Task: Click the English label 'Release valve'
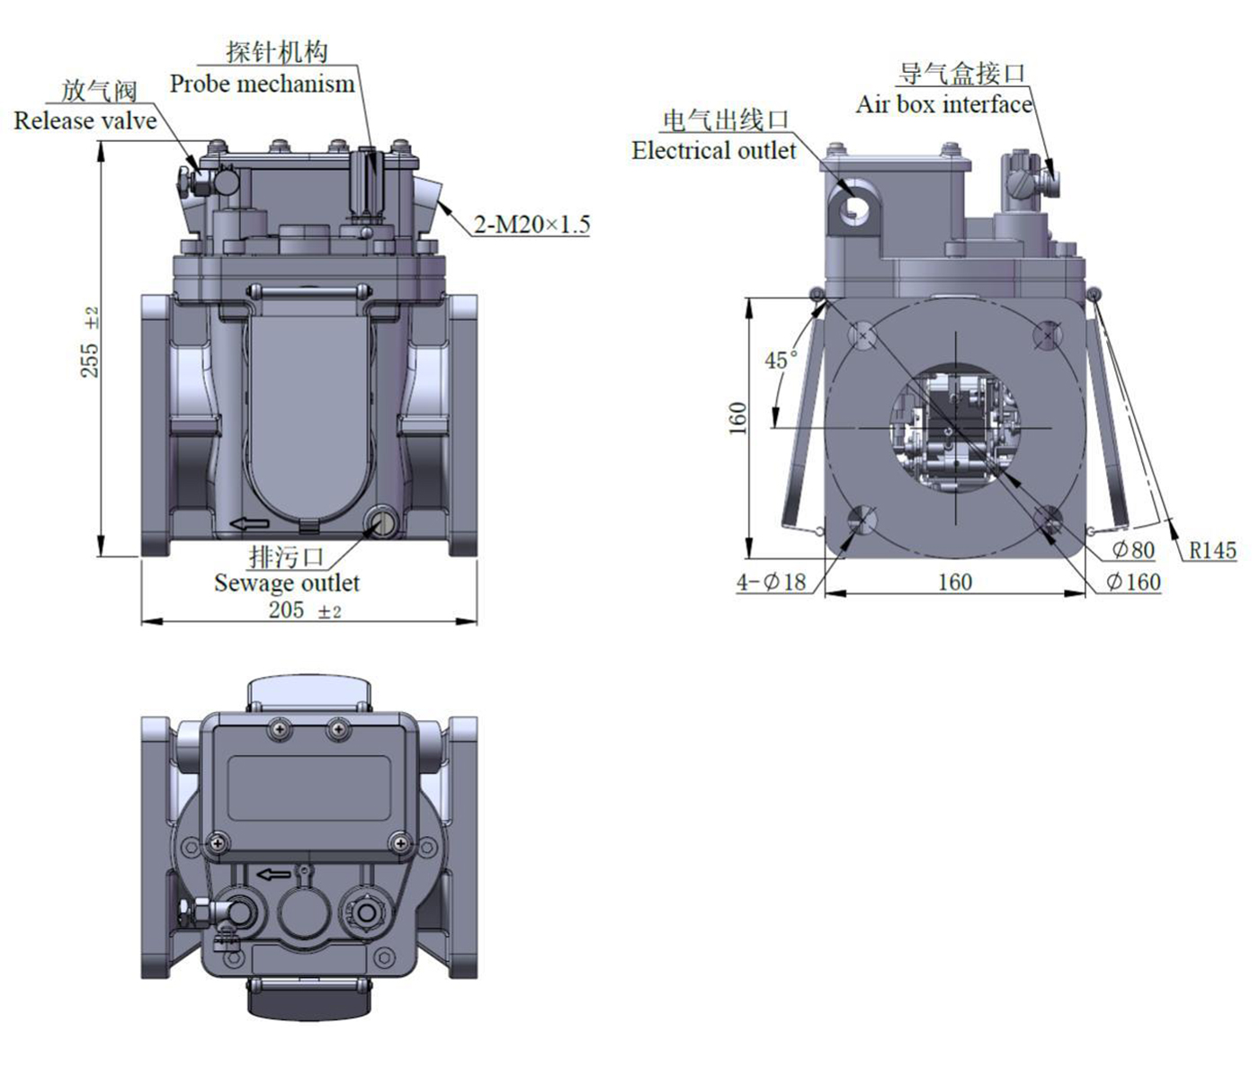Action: point(85,120)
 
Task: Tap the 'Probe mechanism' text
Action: point(262,84)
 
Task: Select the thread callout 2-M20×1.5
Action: point(531,225)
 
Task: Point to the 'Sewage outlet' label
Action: point(286,582)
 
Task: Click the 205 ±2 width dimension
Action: point(305,609)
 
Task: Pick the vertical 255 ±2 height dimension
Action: point(90,342)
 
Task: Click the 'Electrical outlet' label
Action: point(713,150)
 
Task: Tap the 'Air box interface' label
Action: point(943,104)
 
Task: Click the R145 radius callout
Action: point(1213,550)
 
